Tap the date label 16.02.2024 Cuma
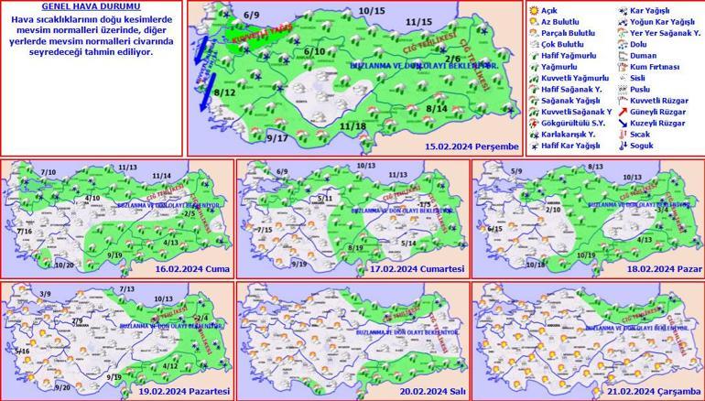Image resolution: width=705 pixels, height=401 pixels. pos(191,269)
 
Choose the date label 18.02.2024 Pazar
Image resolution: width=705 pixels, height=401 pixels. pos(660,269)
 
